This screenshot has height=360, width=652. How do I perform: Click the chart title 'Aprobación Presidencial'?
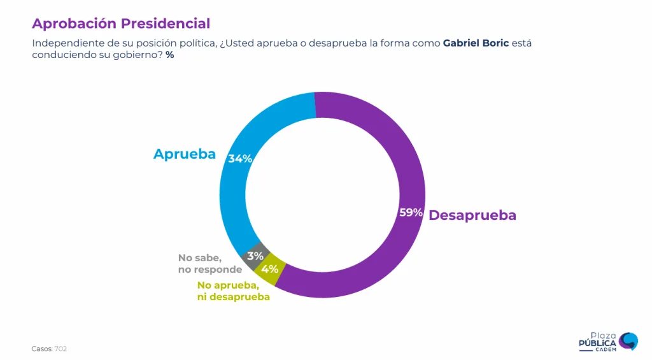tap(121, 24)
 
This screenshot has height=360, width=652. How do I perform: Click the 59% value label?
tap(411, 213)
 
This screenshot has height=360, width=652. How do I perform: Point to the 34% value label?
tap(240, 159)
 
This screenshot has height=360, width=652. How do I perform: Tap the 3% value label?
tap(255, 256)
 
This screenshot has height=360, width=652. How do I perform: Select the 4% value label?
tap(269, 269)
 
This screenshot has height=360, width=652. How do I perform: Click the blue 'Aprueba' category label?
tap(184, 154)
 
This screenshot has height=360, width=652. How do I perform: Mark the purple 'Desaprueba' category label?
tap(472, 215)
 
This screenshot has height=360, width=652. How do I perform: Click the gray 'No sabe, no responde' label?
tap(201, 264)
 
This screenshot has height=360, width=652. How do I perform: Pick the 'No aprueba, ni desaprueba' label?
tap(233, 291)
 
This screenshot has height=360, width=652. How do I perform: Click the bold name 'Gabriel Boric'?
tap(476, 43)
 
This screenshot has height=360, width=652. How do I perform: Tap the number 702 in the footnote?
tap(60, 349)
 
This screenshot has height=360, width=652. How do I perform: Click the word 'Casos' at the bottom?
tap(41, 349)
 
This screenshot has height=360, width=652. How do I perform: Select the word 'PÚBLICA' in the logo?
tap(597, 343)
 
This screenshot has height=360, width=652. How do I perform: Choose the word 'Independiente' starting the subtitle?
tap(64, 43)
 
